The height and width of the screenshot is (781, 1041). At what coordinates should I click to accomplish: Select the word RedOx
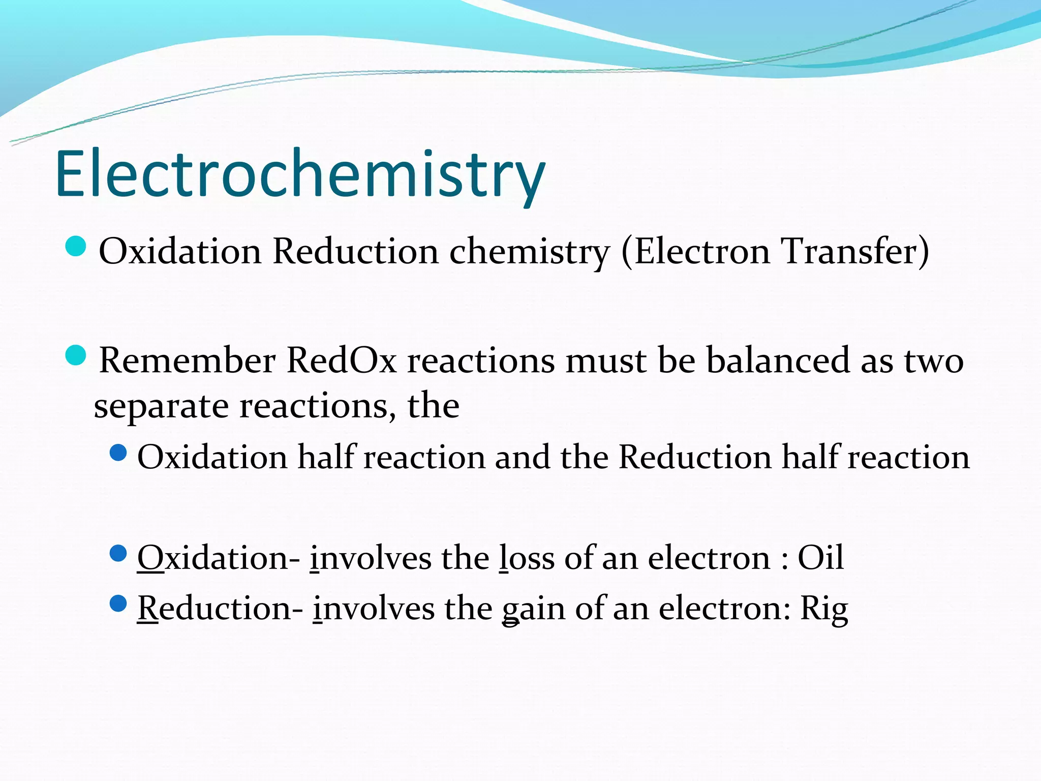[341, 361]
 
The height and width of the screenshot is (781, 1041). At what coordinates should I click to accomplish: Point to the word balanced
[778, 361]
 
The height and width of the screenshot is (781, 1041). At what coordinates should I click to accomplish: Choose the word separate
[161, 406]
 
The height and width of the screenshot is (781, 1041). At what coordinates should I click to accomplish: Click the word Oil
[820, 558]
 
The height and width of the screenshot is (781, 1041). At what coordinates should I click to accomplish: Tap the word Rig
[824, 608]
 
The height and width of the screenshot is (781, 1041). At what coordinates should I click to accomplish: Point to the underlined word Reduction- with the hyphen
[221, 608]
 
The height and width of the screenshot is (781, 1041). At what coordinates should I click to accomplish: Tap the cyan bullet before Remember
[76, 355]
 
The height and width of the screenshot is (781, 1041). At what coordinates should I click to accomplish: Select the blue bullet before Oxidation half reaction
[118, 453]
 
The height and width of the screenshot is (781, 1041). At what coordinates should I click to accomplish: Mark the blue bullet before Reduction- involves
[118, 604]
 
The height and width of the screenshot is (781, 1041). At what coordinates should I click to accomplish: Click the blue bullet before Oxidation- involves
[118, 553]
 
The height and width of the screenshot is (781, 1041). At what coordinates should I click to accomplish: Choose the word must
[606, 361]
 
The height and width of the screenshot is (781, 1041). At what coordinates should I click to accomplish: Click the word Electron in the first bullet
[702, 251]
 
